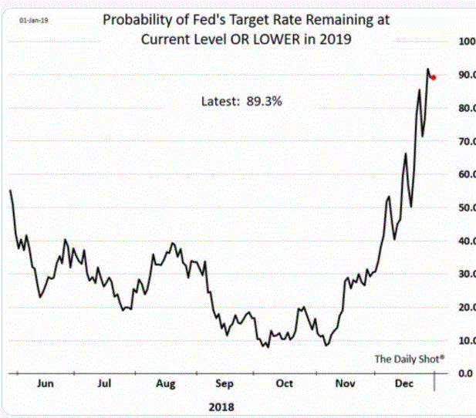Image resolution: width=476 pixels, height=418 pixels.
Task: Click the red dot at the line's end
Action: tap(434, 77)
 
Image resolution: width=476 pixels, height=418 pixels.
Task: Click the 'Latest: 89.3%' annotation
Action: tap(241, 101)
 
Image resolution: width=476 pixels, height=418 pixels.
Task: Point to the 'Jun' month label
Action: tap(46, 383)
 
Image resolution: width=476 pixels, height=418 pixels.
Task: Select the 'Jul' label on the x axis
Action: tap(105, 383)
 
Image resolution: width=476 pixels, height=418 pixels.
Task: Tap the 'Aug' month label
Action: tap(165, 383)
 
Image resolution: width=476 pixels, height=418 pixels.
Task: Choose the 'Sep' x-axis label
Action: tap(225, 383)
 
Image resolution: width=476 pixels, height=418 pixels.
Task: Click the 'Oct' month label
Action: tap(285, 383)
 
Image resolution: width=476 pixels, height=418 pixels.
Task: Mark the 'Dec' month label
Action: tap(403, 383)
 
